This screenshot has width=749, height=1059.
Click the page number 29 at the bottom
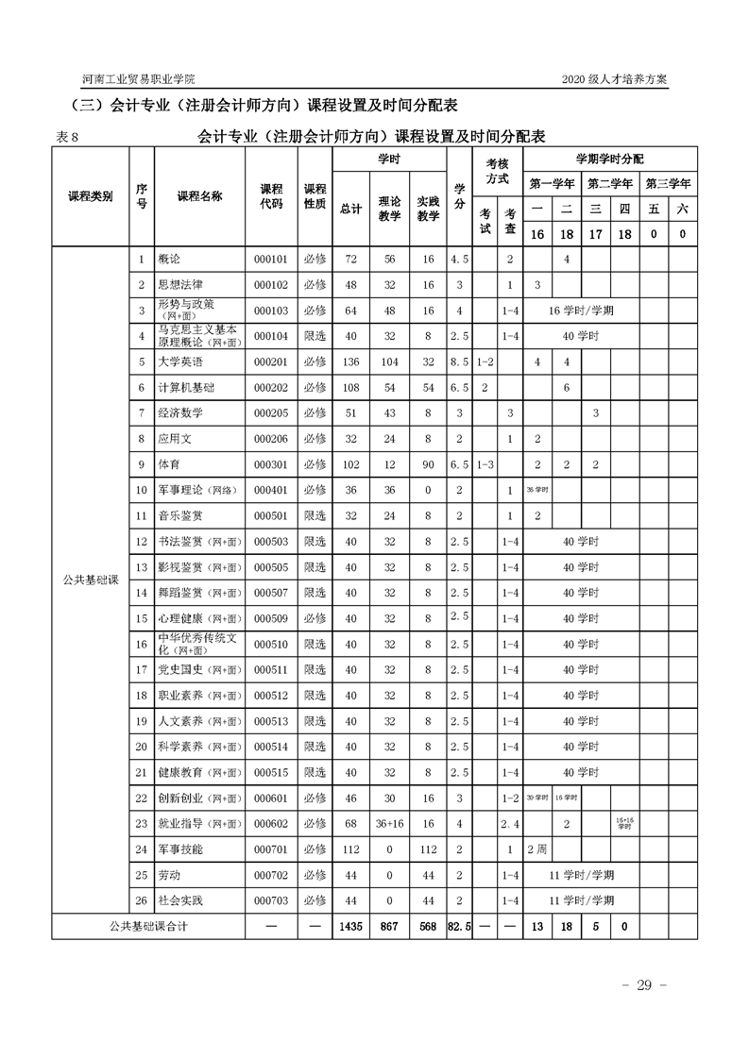[645, 985]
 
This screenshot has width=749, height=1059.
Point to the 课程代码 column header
[271, 196]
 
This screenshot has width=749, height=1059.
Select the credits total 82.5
[459, 927]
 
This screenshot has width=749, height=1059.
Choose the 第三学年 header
[668, 183]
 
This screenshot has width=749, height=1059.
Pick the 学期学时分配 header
[610, 159]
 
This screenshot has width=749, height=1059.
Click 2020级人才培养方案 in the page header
[614, 79]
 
